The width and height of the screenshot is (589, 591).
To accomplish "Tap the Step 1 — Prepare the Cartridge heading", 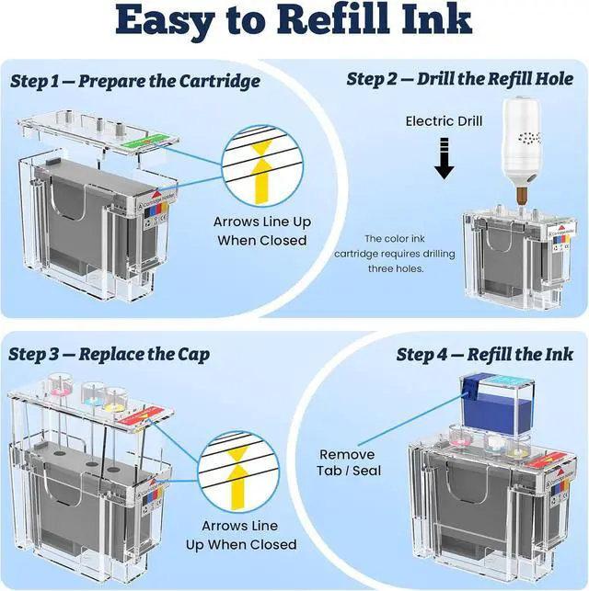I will [135, 81].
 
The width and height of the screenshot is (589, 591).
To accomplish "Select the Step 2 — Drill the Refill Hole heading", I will [459, 79].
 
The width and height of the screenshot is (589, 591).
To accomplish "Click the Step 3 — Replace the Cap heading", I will [110, 354].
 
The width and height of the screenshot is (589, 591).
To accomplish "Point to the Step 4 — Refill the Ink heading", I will [484, 354].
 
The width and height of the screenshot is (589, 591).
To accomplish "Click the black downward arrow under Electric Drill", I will [445, 157].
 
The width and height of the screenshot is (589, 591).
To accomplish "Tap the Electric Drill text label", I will [444, 120].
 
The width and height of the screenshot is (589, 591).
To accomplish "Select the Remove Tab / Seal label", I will [347, 462].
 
